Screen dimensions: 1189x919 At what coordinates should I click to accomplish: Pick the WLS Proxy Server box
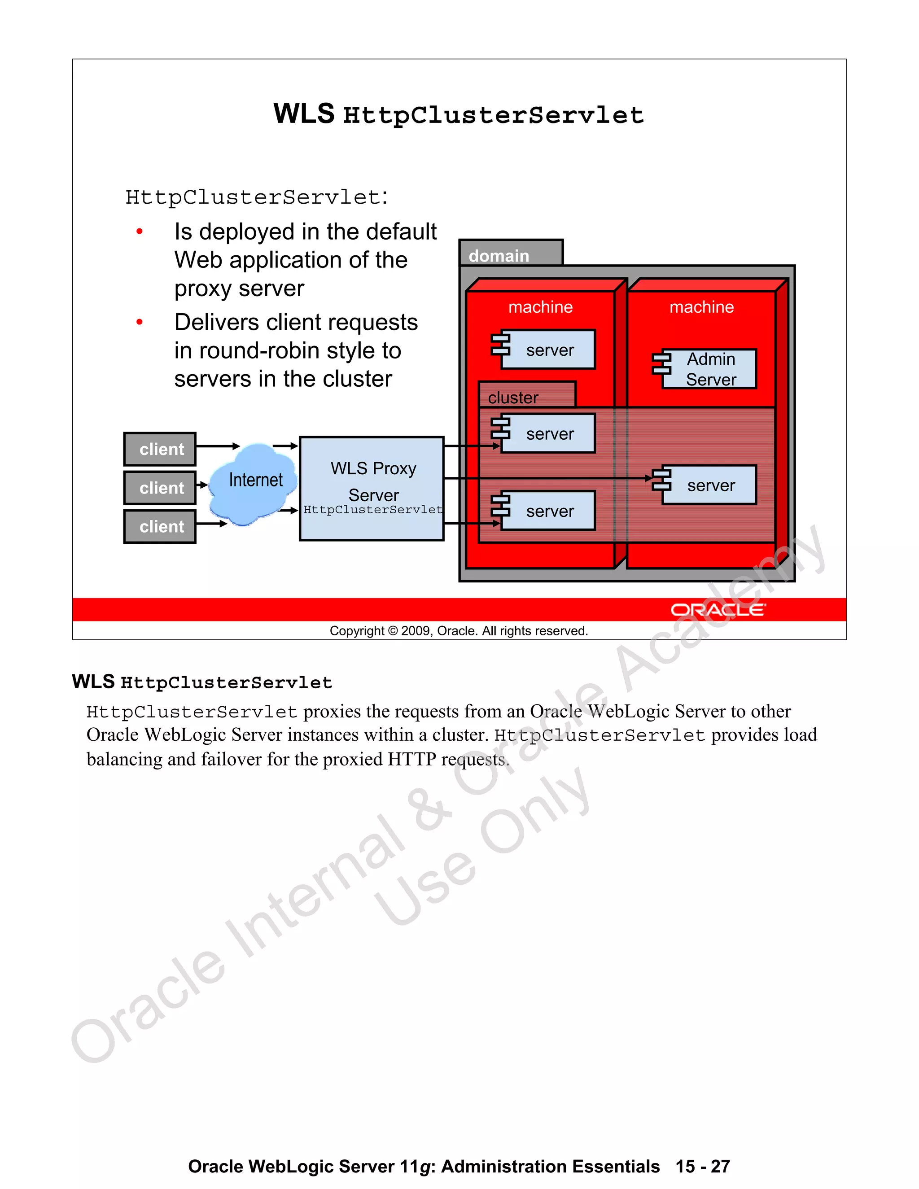pyautogui.click(x=372, y=479)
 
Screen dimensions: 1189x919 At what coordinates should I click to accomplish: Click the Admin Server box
pyautogui.click(x=709, y=369)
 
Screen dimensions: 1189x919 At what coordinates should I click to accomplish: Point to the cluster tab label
pyautogui.click(x=513, y=398)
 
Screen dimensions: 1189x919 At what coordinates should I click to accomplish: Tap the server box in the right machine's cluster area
pyautogui.click(x=709, y=485)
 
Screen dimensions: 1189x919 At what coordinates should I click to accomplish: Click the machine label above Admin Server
pyautogui.click(x=701, y=307)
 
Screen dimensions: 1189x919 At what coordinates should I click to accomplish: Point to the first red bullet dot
pyautogui.click(x=140, y=232)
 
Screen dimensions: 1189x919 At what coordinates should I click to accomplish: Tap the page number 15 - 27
pyautogui.click(x=702, y=1166)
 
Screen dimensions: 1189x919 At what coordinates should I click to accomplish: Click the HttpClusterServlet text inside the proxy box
pyautogui.click(x=372, y=510)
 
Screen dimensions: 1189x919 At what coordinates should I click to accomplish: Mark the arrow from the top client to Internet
pyautogui.click(x=217, y=446)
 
